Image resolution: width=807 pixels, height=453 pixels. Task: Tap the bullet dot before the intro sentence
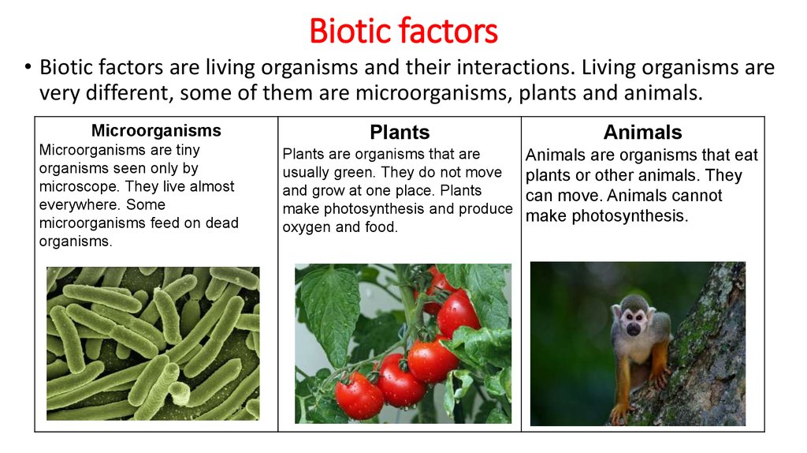click(x=27, y=69)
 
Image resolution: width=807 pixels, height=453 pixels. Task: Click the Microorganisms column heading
click(x=156, y=130)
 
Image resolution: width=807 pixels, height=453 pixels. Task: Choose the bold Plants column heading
click(x=400, y=132)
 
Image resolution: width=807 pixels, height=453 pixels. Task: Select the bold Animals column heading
click(x=642, y=132)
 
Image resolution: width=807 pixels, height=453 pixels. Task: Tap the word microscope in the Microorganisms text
click(x=76, y=186)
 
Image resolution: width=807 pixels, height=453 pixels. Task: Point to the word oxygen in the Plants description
click(x=307, y=227)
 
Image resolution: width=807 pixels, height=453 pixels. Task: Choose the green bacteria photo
click(x=153, y=343)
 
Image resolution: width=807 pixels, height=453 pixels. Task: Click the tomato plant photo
click(x=403, y=343)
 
